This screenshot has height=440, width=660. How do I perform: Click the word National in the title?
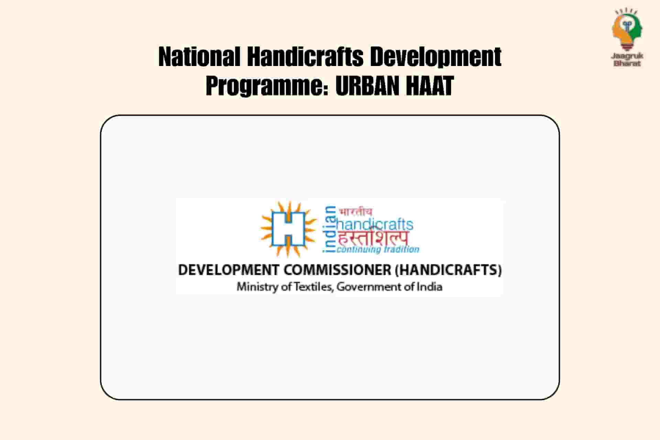(x=199, y=57)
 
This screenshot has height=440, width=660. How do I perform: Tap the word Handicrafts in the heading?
(x=305, y=57)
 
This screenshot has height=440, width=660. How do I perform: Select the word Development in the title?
(x=436, y=57)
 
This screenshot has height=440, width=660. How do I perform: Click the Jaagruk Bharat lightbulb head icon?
(x=627, y=29)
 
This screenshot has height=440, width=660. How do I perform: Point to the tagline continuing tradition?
(x=378, y=249)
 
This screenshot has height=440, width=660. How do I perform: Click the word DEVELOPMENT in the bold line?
(x=229, y=270)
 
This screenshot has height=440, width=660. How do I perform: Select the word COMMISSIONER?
(x=338, y=270)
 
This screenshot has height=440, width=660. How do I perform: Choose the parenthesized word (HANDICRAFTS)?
(x=448, y=270)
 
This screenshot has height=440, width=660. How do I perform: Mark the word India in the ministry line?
(x=429, y=287)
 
